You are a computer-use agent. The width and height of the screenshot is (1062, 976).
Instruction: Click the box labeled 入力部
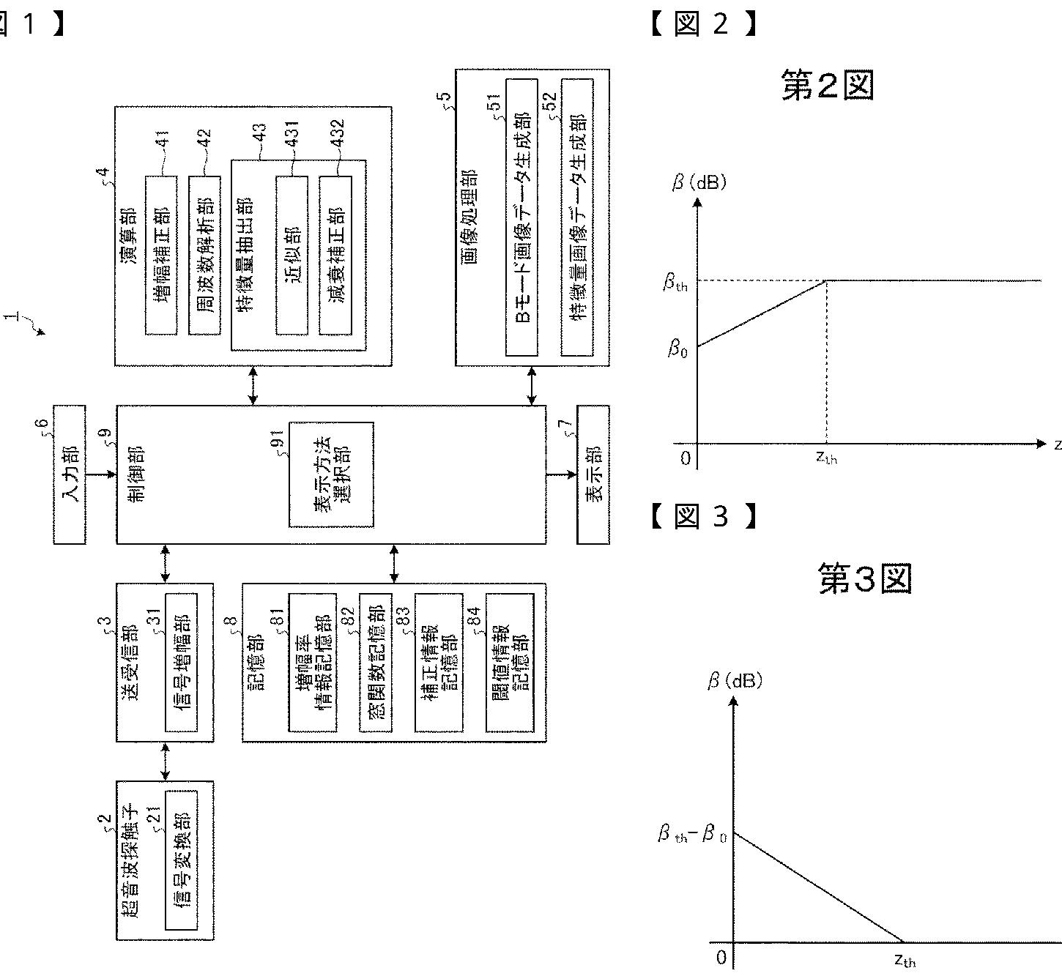[x=70, y=474]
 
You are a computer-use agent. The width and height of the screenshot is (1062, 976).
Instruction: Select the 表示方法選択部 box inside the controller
[x=331, y=474]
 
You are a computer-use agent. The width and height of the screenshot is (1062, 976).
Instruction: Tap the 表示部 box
[x=593, y=474]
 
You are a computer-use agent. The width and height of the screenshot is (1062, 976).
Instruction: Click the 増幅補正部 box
[x=161, y=255]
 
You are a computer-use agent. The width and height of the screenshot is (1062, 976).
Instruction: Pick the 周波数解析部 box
[x=204, y=255]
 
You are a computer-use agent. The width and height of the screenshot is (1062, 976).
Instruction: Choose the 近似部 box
[x=292, y=255]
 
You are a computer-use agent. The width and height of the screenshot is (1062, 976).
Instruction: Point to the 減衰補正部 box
[x=335, y=255]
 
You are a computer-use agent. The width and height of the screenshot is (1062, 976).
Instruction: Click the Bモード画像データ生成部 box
[x=521, y=217]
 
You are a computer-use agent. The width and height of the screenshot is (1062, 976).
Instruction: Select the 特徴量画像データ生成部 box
[x=577, y=217]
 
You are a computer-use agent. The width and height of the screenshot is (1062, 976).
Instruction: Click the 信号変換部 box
[x=182, y=860]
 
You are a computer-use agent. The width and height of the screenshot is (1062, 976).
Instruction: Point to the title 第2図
[x=827, y=86]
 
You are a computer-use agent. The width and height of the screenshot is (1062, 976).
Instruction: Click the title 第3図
[x=865, y=579]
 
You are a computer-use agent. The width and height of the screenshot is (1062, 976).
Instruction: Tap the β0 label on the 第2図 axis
[x=677, y=349]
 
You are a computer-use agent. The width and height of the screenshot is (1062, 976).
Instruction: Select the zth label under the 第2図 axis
[x=826, y=458]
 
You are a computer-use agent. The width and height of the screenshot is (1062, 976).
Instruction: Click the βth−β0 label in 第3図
[x=691, y=834]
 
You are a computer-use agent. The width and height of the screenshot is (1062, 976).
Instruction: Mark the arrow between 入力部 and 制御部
[x=101, y=474]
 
